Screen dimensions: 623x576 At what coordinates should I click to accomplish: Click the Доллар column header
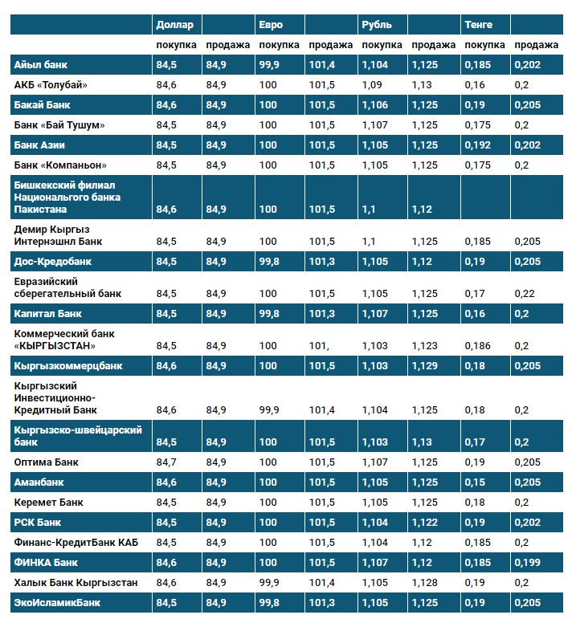(x=174, y=25)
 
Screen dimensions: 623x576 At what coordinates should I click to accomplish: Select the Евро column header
(x=271, y=25)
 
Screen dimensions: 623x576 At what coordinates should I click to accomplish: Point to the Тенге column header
(x=478, y=25)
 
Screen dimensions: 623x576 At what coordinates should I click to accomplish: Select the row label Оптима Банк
(x=45, y=462)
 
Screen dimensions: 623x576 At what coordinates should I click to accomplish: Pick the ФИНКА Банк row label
(x=46, y=562)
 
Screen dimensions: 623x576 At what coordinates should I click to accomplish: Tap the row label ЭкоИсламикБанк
(x=56, y=601)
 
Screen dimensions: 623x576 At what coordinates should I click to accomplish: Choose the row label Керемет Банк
(x=47, y=502)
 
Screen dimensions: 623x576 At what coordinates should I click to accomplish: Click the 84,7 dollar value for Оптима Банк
(x=166, y=462)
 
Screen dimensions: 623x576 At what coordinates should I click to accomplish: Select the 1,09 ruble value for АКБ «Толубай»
(x=371, y=84)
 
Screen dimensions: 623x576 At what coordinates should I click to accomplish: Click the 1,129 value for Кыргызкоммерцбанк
(x=424, y=365)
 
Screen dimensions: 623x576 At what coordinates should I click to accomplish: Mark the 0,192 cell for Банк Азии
(x=479, y=145)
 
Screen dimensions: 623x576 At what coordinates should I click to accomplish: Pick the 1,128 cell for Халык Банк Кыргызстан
(x=424, y=582)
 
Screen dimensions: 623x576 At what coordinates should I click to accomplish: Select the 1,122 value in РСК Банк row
(x=424, y=522)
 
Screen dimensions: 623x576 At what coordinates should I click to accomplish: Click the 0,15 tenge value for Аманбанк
(x=476, y=483)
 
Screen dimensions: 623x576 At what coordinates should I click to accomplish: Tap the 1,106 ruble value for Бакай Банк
(x=374, y=104)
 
